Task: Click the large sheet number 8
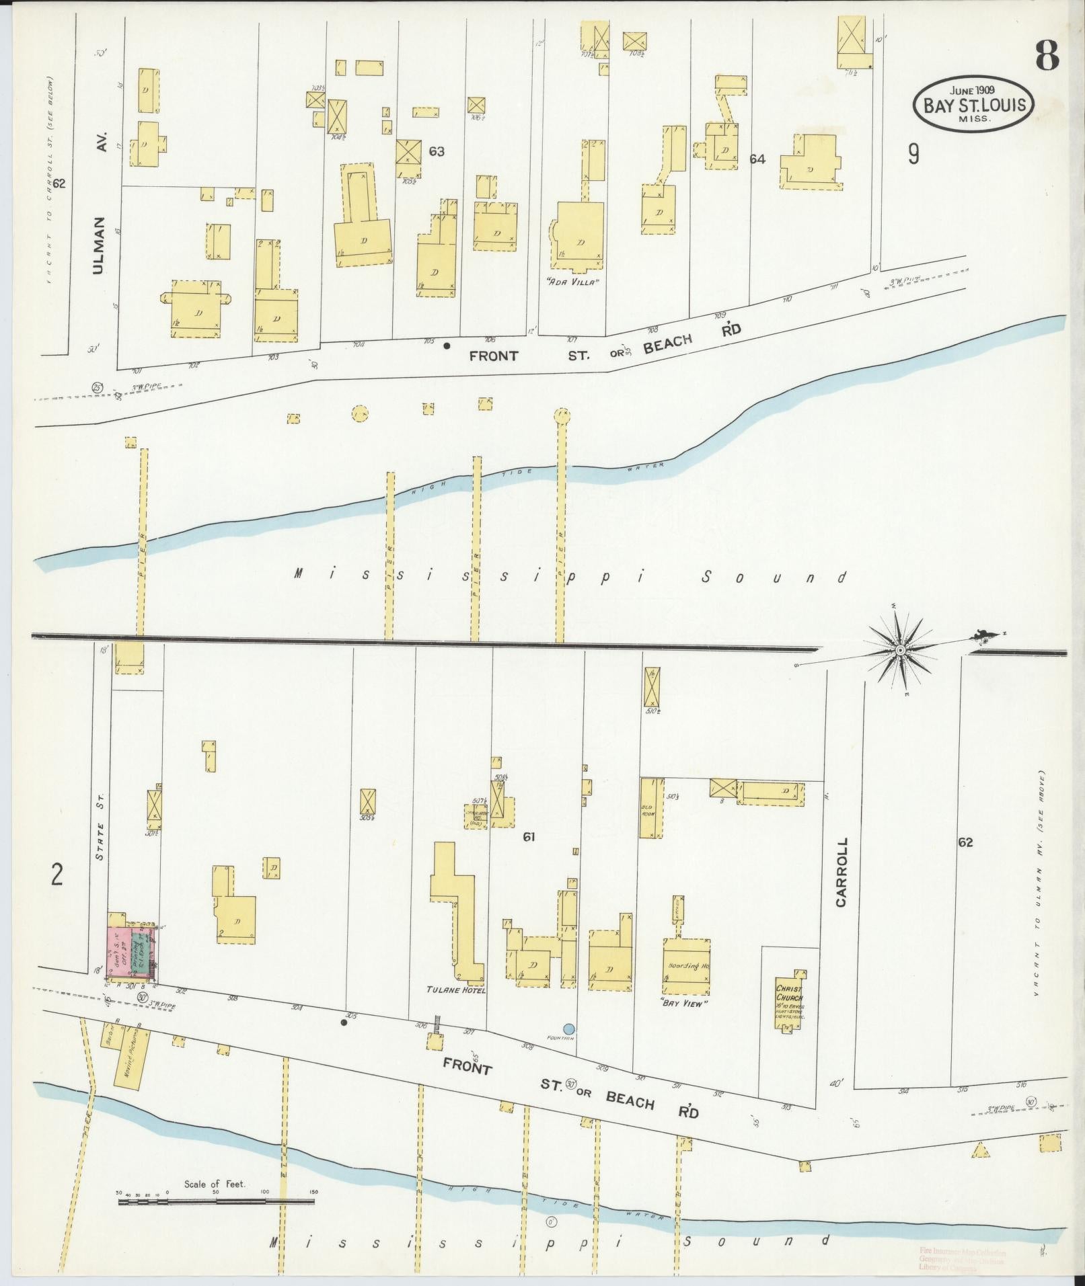tap(1047, 54)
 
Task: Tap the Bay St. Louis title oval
tap(973, 104)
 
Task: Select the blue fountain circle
tap(569, 1029)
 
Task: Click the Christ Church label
tap(788, 994)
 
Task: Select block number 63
tap(437, 151)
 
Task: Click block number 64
tap(757, 159)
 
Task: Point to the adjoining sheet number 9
tap(913, 155)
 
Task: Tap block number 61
tap(528, 837)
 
